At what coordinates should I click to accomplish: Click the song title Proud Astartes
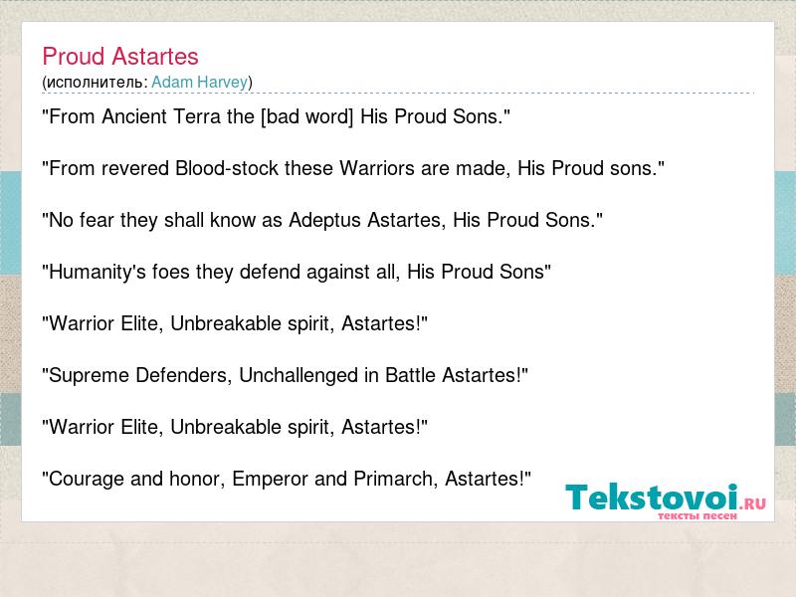point(120,57)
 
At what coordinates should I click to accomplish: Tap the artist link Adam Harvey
point(200,82)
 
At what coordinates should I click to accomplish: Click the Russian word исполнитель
point(95,83)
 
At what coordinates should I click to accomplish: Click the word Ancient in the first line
point(134,116)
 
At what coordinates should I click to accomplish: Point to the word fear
point(96,220)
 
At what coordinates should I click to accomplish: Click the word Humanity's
point(94,272)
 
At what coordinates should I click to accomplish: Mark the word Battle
point(410,375)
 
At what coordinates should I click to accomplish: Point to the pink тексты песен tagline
point(697,515)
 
